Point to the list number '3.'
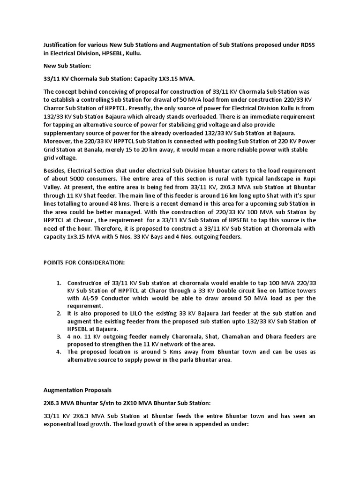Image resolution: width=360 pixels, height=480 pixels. [59, 337]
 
